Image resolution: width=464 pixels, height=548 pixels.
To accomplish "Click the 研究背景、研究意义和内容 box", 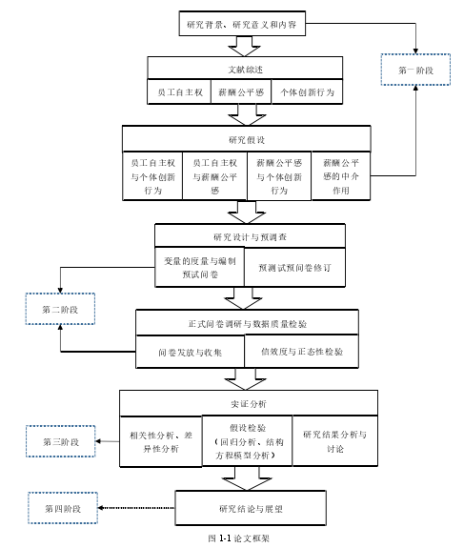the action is pos(242,24).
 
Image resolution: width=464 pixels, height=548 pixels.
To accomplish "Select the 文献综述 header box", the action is pos(245,69).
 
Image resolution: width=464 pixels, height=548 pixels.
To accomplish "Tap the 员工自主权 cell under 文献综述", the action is pos(179,91).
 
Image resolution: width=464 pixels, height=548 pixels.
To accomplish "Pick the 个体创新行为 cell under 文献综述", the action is pos(307,91).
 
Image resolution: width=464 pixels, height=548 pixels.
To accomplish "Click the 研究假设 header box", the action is pos(247,139).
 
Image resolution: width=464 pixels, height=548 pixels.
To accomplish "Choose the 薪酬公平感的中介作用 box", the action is pos(341,176).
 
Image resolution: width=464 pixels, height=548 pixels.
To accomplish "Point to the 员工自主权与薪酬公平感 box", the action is pos(214,176).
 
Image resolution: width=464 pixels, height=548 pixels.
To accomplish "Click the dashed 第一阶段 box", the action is pos(415,70).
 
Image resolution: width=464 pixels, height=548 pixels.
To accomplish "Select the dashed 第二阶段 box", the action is pos(60,309).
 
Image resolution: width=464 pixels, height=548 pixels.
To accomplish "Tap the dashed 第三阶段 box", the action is pos(61,441).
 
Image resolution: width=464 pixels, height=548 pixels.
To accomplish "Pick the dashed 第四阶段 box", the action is pos(63,508).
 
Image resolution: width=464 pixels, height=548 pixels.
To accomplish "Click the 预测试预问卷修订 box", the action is pos(294,268).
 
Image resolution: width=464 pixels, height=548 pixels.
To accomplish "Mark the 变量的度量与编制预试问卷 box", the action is pos(199,268).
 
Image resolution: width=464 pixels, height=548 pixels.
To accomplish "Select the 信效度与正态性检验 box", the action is pos(301,352).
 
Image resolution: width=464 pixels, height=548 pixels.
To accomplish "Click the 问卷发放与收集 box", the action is pos(190,352).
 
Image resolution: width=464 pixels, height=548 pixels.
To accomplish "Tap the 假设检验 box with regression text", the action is pos(248,441).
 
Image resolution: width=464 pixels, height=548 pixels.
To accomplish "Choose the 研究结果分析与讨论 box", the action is pos(335,441).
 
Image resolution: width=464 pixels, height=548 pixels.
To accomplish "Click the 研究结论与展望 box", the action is pos(251,508).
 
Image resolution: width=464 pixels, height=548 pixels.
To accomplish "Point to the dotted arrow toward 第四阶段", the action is pos(136,508).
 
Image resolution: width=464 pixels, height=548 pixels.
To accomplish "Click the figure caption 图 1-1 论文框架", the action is pos(238,538).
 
